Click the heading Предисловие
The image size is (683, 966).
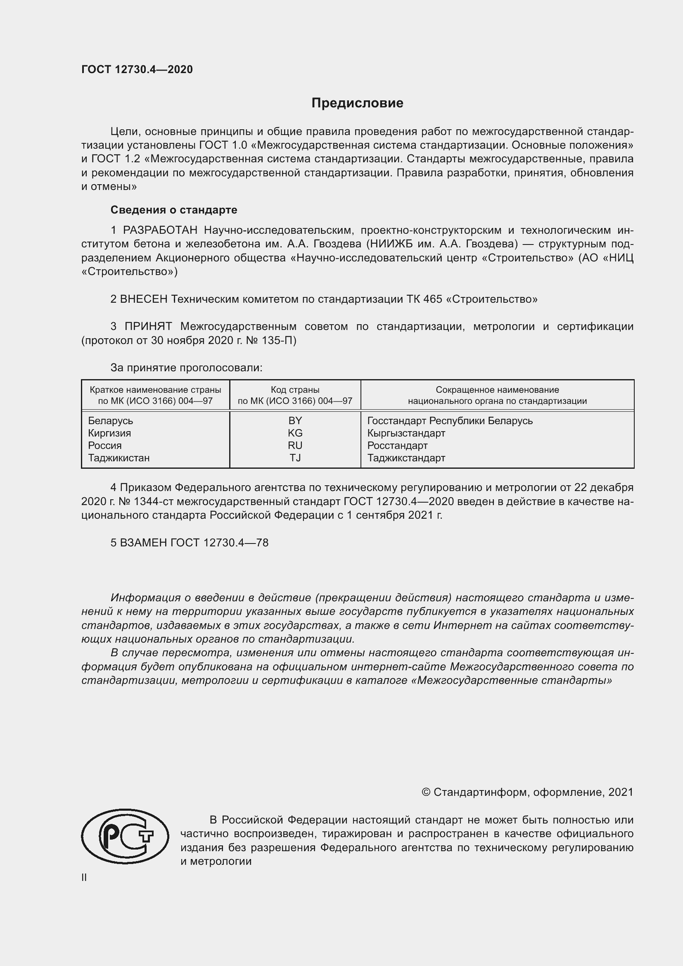coord(357,103)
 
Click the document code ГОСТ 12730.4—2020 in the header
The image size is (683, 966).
coord(137,69)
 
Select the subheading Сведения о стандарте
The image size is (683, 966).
coord(174,209)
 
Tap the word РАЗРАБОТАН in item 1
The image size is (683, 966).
coord(160,230)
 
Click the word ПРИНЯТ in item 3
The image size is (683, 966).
coord(149,327)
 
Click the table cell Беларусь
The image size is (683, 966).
coord(111,421)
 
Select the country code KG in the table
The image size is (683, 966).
coord(295,433)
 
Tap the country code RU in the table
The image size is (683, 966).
coord(295,445)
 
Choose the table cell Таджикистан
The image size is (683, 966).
coord(119,458)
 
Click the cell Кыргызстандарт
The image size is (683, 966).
coord(406,433)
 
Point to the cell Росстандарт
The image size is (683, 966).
coord(397,445)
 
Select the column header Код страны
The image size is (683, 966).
coord(295,390)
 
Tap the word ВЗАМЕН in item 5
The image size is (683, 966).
coord(143,543)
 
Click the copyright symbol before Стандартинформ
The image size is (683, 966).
coord(426,792)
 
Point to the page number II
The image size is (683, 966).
coord(84,877)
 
